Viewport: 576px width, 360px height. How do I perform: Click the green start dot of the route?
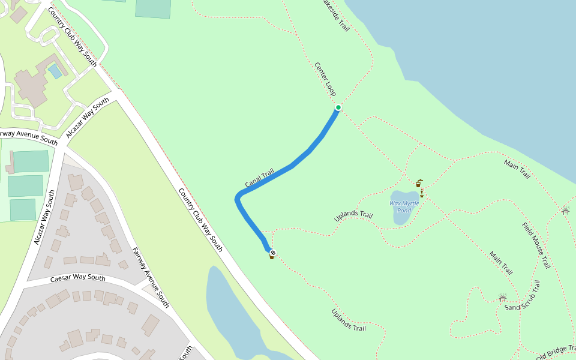coord(338,107)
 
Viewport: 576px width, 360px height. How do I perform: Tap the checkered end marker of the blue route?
coord(272,253)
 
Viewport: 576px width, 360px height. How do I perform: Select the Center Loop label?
coord(325,79)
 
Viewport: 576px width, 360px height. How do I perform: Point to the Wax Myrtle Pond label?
coord(404,207)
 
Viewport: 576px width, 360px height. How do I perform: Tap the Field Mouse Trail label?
coord(536,245)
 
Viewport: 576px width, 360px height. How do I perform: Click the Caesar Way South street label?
coord(78,278)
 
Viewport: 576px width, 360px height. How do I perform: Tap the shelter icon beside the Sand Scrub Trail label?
coord(503,298)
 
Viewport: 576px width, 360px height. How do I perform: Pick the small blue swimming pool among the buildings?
coord(55,71)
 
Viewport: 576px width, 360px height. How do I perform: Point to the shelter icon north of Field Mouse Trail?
coord(565,210)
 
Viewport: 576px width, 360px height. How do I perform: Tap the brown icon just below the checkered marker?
coord(271,257)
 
